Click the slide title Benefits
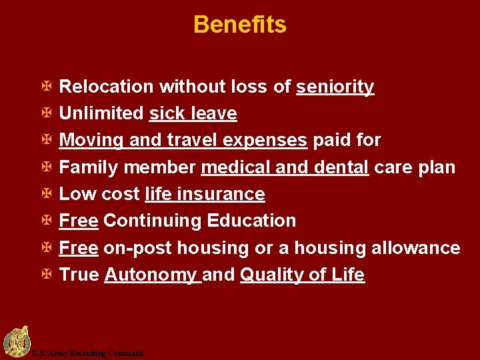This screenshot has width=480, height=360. [x=239, y=25]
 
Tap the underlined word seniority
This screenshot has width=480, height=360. [x=335, y=87]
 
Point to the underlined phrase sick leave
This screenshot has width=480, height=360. [x=193, y=114]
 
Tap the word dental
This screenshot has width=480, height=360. [x=341, y=167]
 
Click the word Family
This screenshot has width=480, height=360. [x=85, y=167]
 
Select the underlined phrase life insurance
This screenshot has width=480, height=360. [x=204, y=194]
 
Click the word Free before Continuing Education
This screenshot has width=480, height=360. [x=79, y=221]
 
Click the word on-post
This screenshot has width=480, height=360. [x=134, y=248]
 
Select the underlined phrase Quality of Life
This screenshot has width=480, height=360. [x=302, y=275]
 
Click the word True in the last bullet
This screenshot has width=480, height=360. [x=79, y=275]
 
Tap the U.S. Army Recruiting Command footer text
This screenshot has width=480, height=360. [x=87, y=353]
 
